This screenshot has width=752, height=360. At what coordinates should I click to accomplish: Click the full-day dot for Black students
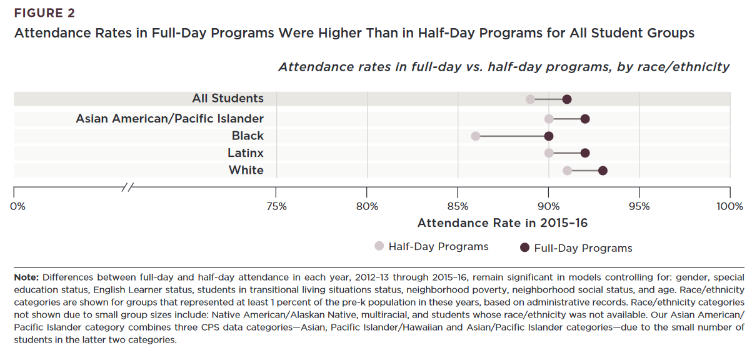[549, 136]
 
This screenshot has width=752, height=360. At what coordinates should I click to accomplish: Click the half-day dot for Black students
[476, 136]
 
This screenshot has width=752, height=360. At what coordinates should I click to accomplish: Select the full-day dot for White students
[603, 171]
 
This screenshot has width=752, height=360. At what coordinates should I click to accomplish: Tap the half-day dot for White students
[567, 171]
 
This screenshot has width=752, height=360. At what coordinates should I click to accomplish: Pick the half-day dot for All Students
[531, 99]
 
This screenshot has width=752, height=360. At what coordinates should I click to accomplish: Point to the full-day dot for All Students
[567, 99]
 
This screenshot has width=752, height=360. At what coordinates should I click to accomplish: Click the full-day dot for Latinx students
[585, 153]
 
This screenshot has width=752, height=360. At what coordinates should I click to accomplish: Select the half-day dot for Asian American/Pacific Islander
[549, 119]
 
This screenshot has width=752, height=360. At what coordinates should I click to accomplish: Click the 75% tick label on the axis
[276, 206]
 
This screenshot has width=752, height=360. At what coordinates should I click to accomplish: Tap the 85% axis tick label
[458, 206]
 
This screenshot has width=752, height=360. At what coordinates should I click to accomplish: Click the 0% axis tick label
[18, 206]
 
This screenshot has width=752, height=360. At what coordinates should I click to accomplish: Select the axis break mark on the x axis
[128, 186]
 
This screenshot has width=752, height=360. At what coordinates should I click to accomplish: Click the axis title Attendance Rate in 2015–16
[503, 223]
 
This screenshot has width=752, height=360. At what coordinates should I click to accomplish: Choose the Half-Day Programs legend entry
[431, 247]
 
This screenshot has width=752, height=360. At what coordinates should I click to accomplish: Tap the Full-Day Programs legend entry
[576, 248]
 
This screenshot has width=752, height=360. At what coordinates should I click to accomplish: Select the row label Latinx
[246, 153]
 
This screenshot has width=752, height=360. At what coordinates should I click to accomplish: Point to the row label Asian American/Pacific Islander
[169, 119]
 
